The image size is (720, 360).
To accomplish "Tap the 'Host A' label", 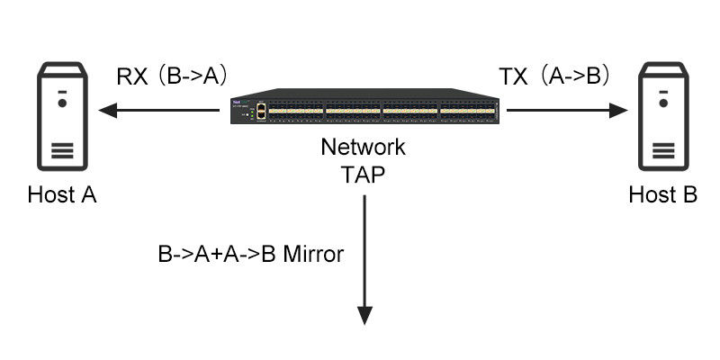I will [x=62, y=195].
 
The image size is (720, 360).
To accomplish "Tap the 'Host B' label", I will [x=663, y=195].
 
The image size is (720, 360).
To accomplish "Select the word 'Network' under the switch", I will [x=364, y=148].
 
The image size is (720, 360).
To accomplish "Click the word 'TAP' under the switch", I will [x=364, y=174].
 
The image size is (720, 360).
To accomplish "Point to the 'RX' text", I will [x=132, y=76].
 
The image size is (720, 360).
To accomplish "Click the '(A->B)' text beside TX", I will [x=576, y=76].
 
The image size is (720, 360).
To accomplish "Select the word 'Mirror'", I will [x=313, y=255].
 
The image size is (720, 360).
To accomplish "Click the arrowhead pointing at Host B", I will [x=619, y=111].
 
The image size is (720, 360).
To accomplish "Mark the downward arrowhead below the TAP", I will [x=364, y=314].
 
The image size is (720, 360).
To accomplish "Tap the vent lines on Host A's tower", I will [x=61, y=149].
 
